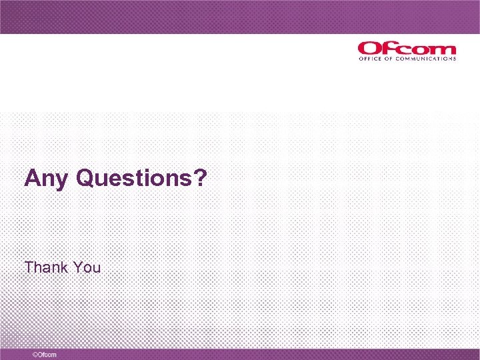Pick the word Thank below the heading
47,267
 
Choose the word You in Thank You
87,267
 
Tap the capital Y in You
78,267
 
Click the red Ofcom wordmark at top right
407,49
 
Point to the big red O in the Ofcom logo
368,49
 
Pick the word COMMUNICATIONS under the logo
427,59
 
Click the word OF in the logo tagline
387,59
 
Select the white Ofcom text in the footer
47,355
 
